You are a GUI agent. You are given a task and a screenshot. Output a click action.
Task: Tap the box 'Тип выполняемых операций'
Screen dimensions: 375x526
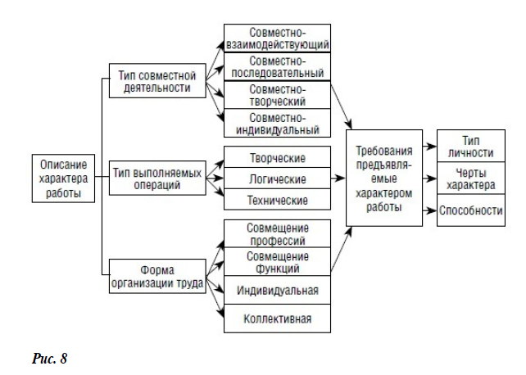coord(156,178)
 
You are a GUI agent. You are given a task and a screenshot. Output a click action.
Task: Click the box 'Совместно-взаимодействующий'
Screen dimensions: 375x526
coord(278,38)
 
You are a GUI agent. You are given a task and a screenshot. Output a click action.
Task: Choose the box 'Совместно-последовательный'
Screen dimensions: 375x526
coord(278,67)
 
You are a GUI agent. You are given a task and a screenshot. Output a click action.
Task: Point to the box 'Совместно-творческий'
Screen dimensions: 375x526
coord(278,95)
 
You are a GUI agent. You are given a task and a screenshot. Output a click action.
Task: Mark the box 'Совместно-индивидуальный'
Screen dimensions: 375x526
coord(278,123)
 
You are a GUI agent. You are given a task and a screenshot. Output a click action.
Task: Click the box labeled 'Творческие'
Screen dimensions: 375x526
coord(278,157)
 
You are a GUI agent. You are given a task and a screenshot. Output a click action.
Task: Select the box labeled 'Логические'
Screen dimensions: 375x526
coord(278,178)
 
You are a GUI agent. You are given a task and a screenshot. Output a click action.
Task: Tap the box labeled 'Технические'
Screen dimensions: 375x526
coord(278,200)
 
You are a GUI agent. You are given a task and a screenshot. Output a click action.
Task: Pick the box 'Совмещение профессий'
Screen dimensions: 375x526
coord(278,234)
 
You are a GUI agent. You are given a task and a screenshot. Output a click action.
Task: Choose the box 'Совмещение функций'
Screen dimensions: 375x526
coord(278,262)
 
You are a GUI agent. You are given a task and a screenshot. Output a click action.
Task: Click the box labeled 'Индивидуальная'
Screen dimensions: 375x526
coord(278,290)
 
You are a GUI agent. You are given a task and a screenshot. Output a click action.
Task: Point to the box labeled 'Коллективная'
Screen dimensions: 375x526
coord(278,318)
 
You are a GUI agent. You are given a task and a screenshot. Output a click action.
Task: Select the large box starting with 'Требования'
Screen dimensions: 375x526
coord(384,178)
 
